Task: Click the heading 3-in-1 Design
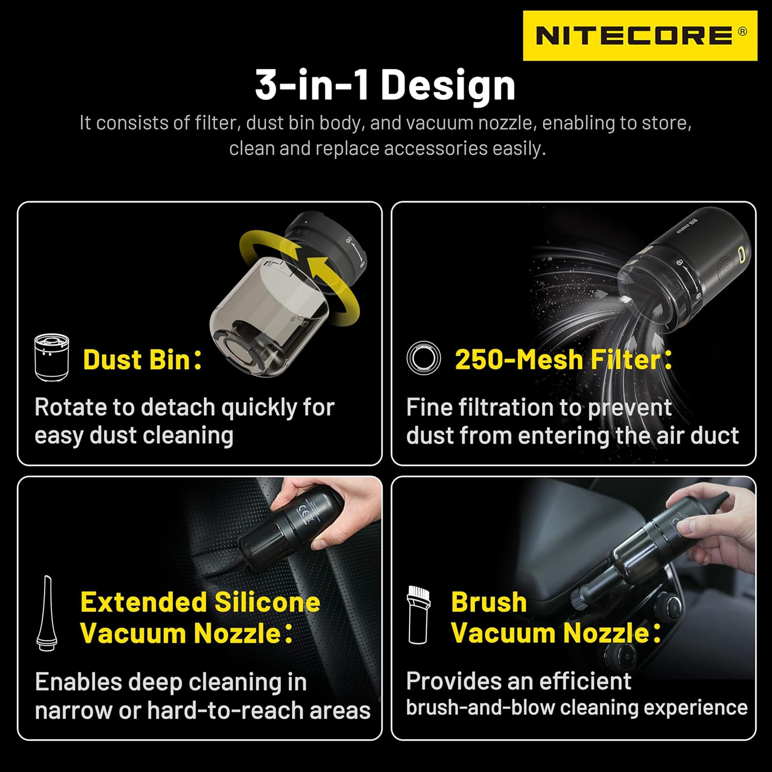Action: (x=385, y=85)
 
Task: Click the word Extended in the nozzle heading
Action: (x=143, y=602)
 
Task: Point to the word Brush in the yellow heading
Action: (x=488, y=602)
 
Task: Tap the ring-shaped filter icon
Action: (x=424, y=358)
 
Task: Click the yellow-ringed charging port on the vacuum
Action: (x=742, y=254)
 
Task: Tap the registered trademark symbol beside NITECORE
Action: (x=742, y=31)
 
